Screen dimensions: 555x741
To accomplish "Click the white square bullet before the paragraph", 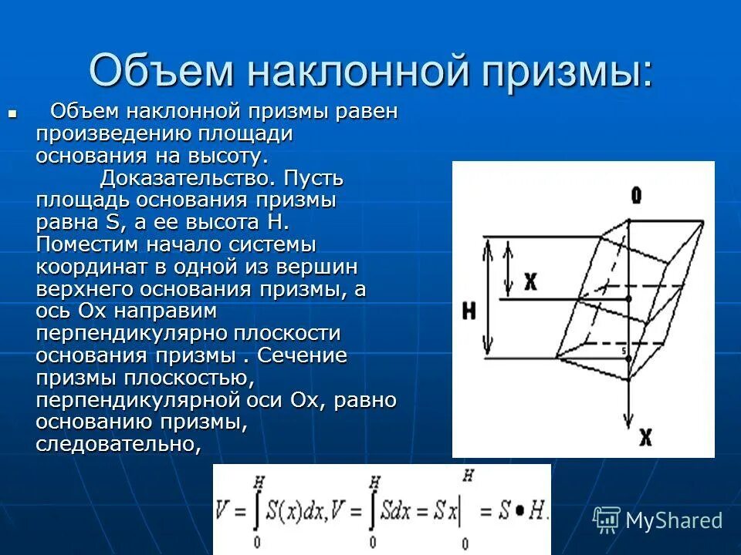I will pos(12,113).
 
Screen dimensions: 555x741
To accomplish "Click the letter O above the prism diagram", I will pos(635,196).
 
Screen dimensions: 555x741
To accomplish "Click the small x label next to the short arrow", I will pos(530,281).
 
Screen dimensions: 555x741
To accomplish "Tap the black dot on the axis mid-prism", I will pos(629,298).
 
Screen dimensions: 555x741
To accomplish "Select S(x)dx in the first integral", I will pos(290,511).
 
